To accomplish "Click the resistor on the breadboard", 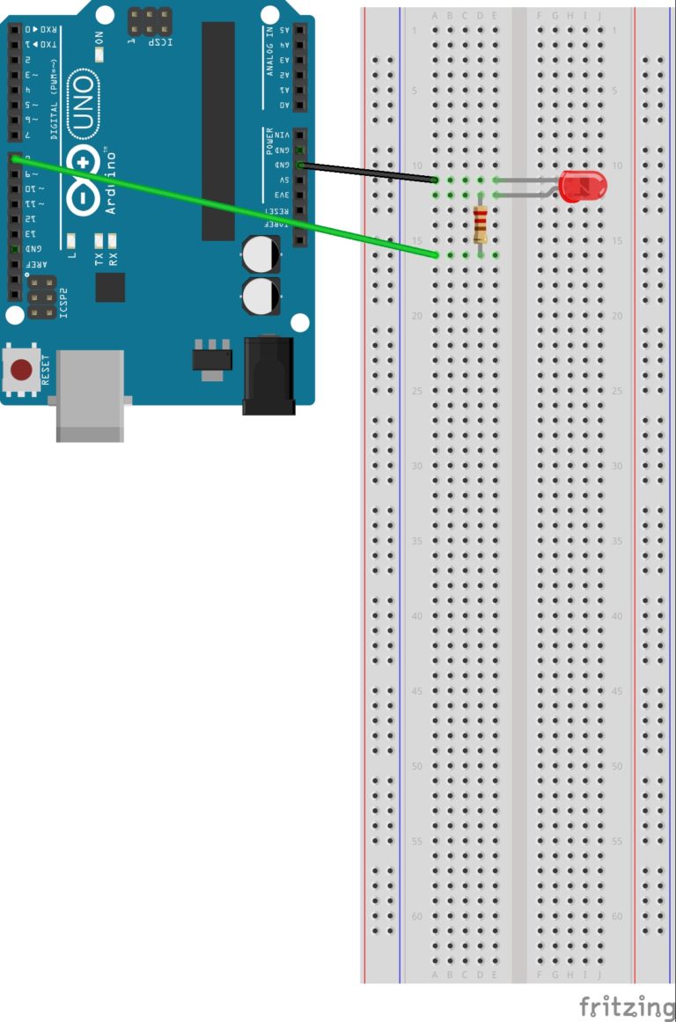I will click(x=480, y=224).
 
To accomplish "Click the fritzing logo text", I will click(x=626, y=1005).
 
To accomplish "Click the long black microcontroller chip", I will click(x=218, y=130).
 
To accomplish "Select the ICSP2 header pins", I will click(x=40, y=298).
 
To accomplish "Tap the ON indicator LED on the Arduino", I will click(x=99, y=53).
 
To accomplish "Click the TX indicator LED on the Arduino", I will click(x=99, y=239).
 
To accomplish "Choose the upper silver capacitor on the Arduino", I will click(x=262, y=254).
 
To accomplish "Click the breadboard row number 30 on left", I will click(x=417, y=467).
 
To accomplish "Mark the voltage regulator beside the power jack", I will click(x=212, y=357).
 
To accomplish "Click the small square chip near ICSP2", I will click(x=110, y=287).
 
